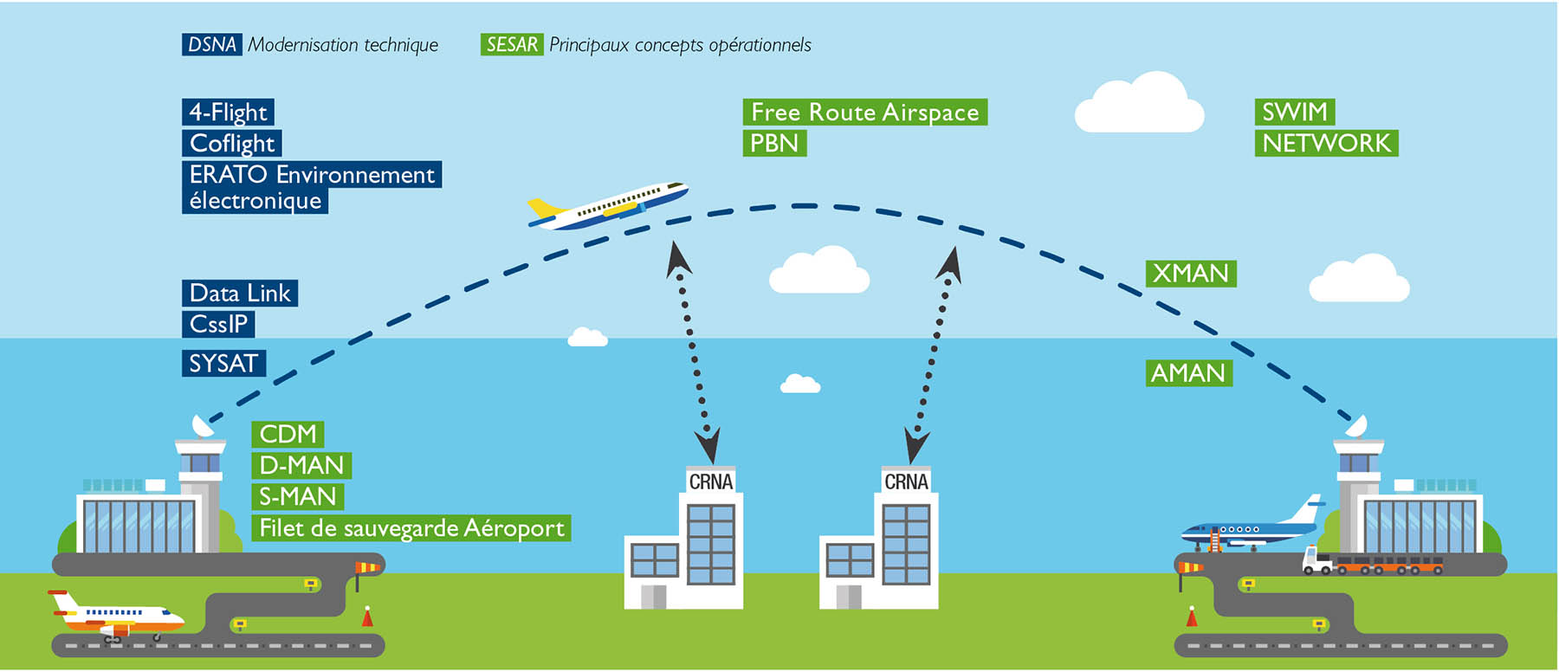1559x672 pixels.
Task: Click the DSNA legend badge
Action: (x=211, y=45)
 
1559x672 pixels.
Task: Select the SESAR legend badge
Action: (x=512, y=45)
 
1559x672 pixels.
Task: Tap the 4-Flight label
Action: (x=228, y=113)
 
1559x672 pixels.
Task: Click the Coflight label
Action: (x=231, y=144)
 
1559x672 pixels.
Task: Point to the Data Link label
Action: (x=240, y=294)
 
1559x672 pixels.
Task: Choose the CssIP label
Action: (x=218, y=325)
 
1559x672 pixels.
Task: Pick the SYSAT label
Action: (x=223, y=364)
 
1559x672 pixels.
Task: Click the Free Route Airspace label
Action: (x=864, y=113)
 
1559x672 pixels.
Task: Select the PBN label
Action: (x=774, y=144)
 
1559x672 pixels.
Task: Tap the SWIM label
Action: (x=1294, y=113)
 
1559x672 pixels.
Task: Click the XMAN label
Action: (x=1191, y=274)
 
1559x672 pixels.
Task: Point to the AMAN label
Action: (x=1188, y=373)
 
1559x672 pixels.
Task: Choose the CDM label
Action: (x=288, y=435)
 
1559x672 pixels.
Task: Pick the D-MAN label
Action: (x=301, y=466)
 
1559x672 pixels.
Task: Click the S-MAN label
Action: (x=298, y=497)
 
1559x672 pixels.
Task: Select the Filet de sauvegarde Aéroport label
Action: (x=411, y=528)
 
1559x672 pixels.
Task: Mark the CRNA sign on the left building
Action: (x=710, y=482)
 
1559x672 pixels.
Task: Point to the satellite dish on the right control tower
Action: (x=1356, y=427)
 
